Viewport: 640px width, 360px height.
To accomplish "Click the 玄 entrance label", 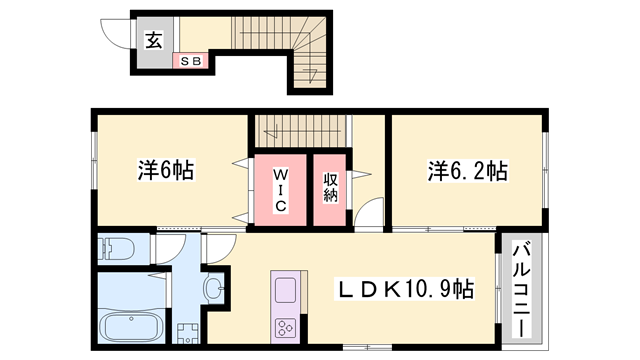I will (154, 40).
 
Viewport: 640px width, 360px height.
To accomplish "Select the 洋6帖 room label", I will (165, 170).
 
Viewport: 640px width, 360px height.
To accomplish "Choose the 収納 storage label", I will (330, 188).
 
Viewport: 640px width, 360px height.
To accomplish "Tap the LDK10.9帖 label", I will (404, 290).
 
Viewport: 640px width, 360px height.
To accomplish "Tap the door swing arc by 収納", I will (368, 214).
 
